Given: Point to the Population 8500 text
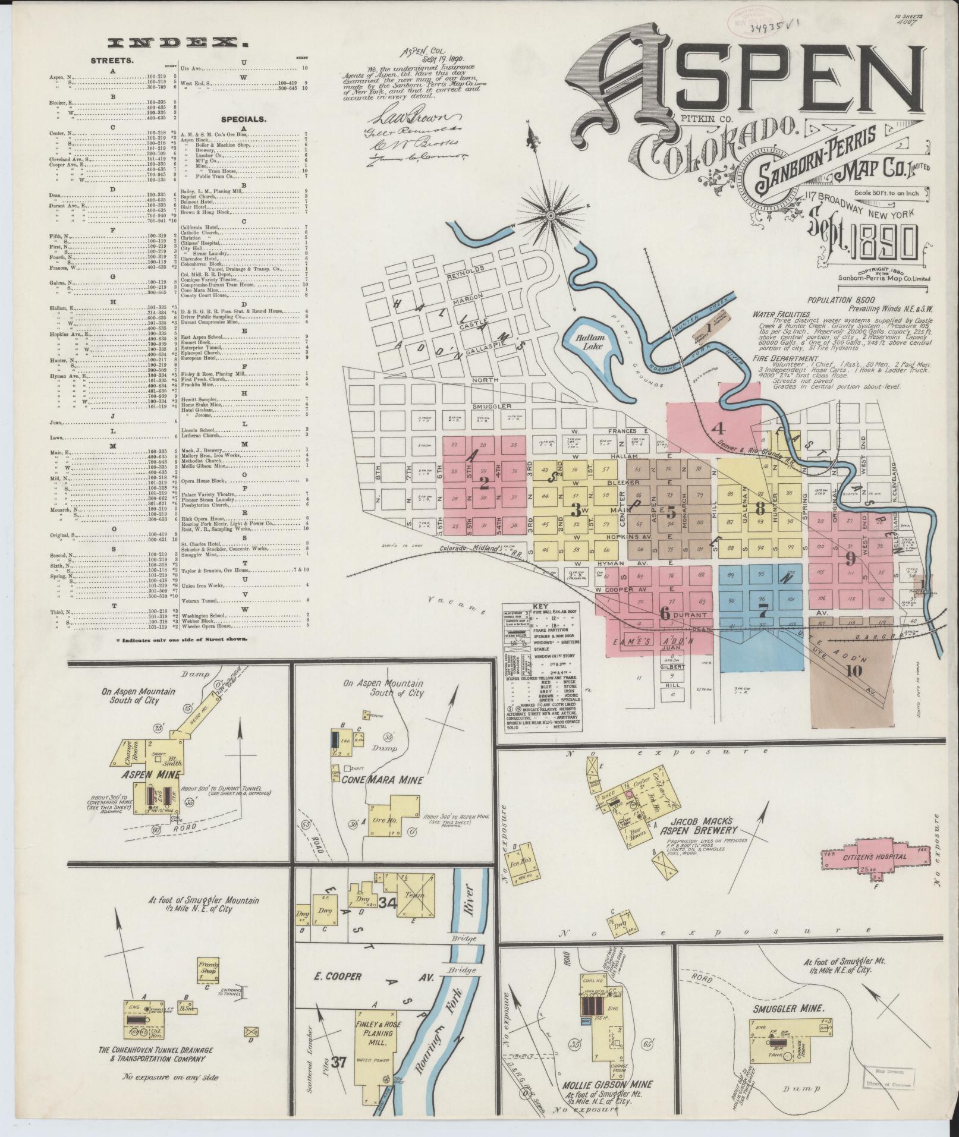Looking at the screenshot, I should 839,301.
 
